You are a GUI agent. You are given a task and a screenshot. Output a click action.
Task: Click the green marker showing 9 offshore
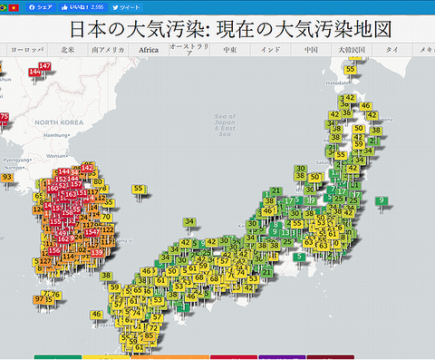[x=382, y=200]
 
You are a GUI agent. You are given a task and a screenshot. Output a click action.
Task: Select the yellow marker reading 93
[x=7, y=178]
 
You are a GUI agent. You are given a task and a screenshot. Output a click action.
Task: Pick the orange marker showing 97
[x=39, y=298]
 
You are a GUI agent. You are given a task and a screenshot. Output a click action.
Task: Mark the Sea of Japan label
[x=226, y=122]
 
